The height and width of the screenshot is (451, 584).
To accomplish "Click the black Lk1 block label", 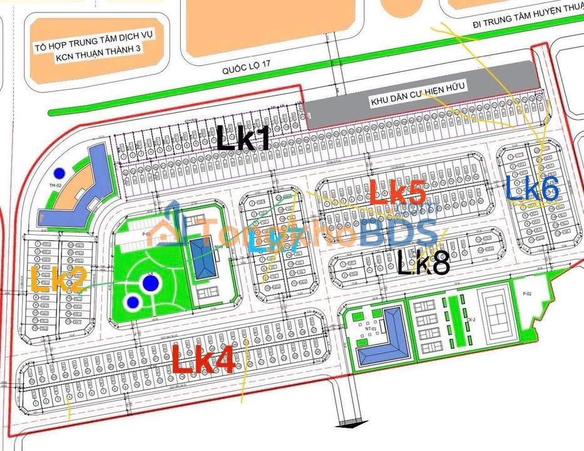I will click(243, 138).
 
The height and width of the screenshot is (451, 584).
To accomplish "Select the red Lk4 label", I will click(203, 360).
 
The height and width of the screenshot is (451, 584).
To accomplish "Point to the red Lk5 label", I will click(397, 192).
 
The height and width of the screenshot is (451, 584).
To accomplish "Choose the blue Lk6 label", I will click(532, 188).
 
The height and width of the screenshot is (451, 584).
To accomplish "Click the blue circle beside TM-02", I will click(59, 172).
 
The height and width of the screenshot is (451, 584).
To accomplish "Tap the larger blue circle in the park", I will click(149, 284).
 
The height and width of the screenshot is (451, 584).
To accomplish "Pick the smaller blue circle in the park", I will click(132, 303).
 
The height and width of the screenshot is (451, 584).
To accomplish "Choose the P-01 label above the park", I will click(147, 233).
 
